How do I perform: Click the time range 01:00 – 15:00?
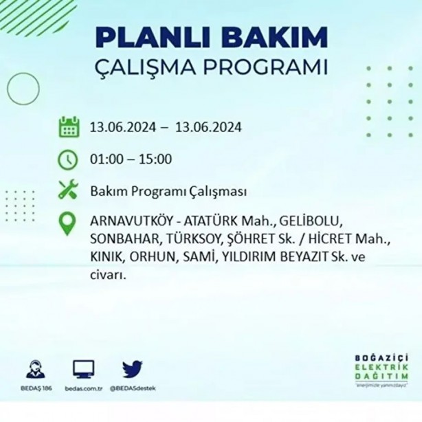coord(131,160)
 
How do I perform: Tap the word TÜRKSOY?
coord(185,240)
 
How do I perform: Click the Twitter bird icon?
coord(132,369)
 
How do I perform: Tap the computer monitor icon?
coord(83,369)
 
